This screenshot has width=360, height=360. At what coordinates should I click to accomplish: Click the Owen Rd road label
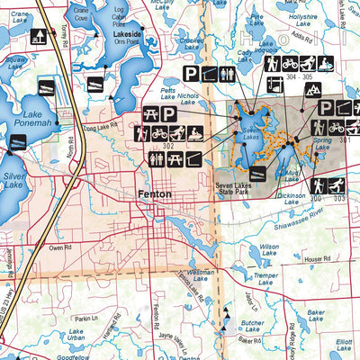[x=60, y=247]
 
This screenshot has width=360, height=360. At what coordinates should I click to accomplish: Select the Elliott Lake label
[x=344, y=345]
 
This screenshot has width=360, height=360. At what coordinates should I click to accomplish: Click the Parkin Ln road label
[x=85, y=319]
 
